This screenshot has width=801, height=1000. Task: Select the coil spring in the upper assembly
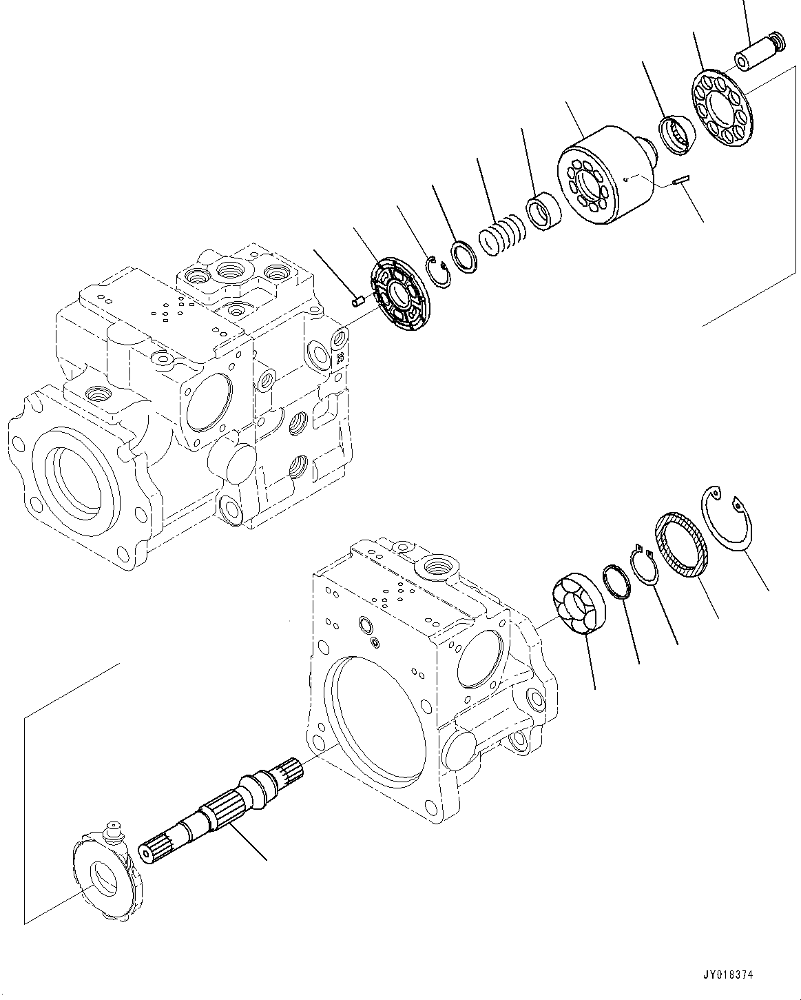pyautogui.click(x=502, y=235)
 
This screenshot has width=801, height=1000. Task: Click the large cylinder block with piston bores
pyautogui.click(x=606, y=175)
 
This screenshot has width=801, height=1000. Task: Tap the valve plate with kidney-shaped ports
pyautogui.click(x=400, y=294)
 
